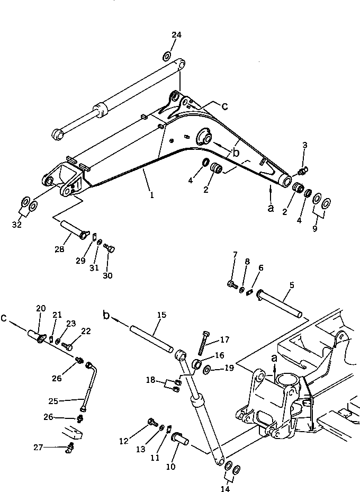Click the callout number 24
tap(176, 35)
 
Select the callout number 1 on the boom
tap(151, 195)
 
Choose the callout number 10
tap(171, 467)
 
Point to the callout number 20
tap(41, 308)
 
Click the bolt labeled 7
tap(232, 285)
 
